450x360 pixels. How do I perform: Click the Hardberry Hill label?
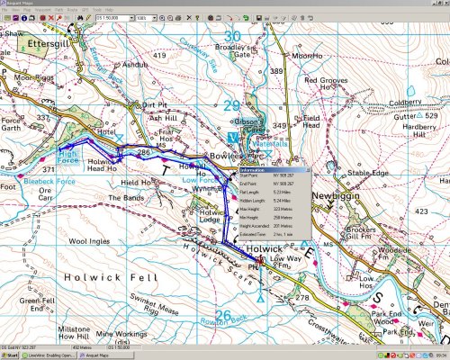[x=419, y=131]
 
